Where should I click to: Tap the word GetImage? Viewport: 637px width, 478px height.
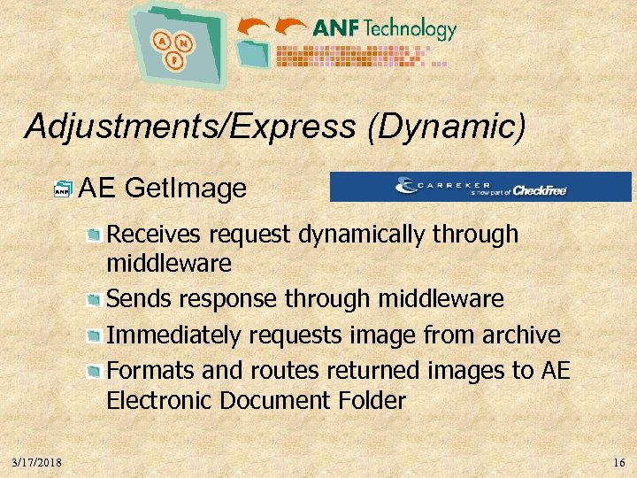click(x=186, y=188)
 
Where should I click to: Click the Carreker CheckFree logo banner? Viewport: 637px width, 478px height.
click(x=480, y=187)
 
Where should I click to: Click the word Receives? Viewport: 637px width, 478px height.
click(x=154, y=235)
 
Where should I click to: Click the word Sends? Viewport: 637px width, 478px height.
click(x=135, y=299)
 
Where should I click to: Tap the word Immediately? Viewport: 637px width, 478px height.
click(x=173, y=335)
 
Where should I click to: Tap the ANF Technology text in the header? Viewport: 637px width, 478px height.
click(x=384, y=28)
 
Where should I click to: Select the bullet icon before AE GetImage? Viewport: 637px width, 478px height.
click(x=63, y=189)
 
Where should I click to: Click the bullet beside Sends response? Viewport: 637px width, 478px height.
click(x=94, y=300)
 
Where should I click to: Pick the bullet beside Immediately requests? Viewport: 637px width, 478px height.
click(x=94, y=335)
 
